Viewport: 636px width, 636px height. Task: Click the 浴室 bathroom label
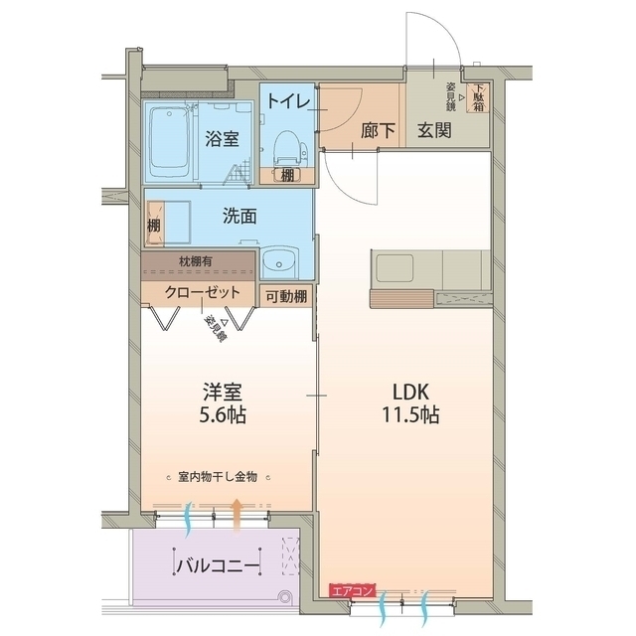pyautogui.click(x=222, y=139)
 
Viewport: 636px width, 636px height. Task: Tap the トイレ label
pyautogui.click(x=287, y=101)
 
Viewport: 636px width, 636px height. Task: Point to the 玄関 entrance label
pyautogui.click(x=434, y=129)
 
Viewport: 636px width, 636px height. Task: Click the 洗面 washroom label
pyautogui.click(x=239, y=215)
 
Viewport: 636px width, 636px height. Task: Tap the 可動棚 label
pyautogui.click(x=286, y=294)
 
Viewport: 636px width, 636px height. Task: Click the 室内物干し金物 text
pyautogui.click(x=219, y=477)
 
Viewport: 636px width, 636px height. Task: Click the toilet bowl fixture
pyautogui.click(x=284, y=147)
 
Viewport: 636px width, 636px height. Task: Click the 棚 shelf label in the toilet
pyautogui.click(x=287, y=175)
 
